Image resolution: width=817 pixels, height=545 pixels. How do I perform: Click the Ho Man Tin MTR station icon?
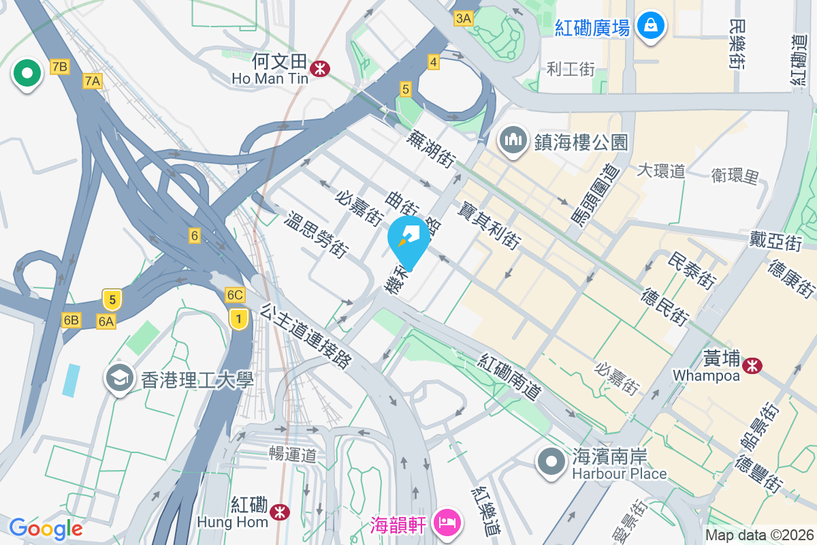tap(320, 68)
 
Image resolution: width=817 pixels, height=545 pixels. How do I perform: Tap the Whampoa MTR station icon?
tap(752, 366)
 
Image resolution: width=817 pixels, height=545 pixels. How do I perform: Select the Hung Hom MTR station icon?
tap(279, 512)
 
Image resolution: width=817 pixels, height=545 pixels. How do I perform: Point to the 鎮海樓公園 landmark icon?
tap(513, 140)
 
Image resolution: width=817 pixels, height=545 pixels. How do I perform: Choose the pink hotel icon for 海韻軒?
tap(449, 523)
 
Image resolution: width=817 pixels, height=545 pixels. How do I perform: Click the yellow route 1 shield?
tap(238, 318)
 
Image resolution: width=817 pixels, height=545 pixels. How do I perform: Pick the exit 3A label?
tap(464, 18)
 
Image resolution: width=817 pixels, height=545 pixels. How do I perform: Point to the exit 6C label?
tap(235, 295)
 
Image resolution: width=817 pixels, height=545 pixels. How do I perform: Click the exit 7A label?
tap(93, 82)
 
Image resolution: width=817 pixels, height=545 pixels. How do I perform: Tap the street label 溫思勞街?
tap(315, 234)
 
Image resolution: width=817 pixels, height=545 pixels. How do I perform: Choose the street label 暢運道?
tap(293, 452)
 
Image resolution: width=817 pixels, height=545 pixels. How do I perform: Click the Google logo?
tap(46, 529)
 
